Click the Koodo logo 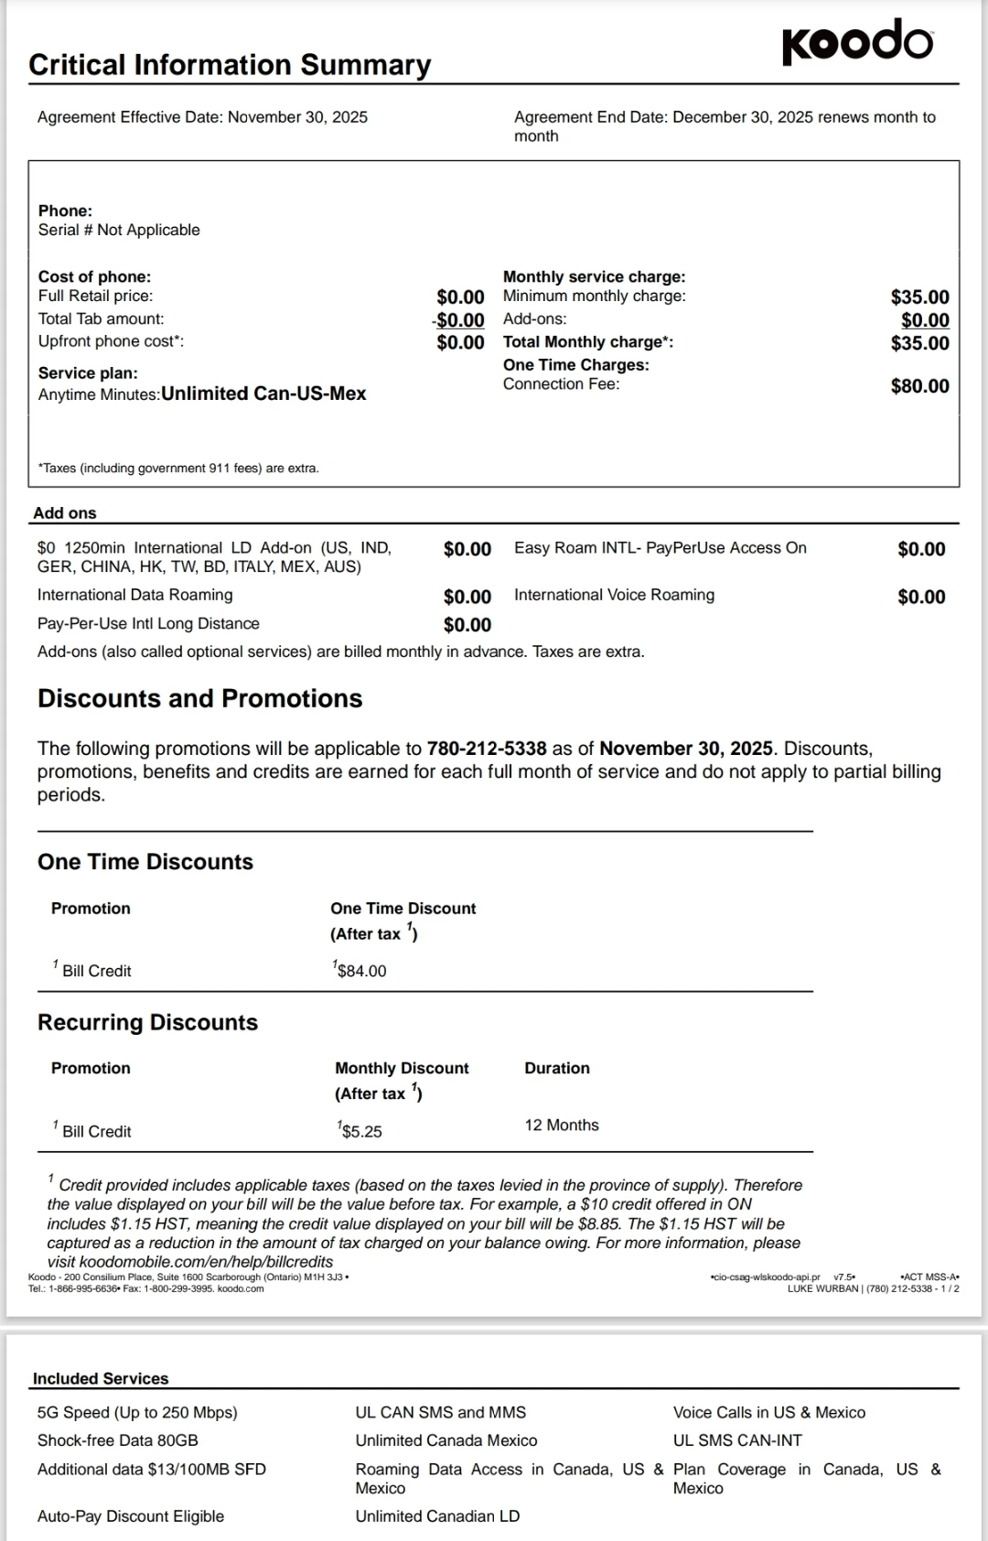[x=857, y=42]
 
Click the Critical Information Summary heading [x=230, y=65]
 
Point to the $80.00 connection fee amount [x=919, y=386]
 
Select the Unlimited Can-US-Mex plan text [x=263, y=393]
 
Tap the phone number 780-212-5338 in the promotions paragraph [x=487, y=749]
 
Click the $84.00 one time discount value [x=361, y=971]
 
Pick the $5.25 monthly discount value [x=361, y=1131]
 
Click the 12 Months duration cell [x=562, y=1125]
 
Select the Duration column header [x=557, y=1068]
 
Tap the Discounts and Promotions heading [x=199, y=698]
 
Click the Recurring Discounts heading [x=147, y=1022]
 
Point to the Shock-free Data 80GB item [x=117, y=1440]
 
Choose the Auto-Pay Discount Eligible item [x=131, y=1516]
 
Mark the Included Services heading [x=101, y=1378]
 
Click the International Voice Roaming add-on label [x=614, y=595]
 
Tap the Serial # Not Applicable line [x=119, y=230]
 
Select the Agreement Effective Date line [x=202, y=117]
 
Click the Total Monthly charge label [x=587, y=342]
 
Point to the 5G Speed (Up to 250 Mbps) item [x=137, y=1412]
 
